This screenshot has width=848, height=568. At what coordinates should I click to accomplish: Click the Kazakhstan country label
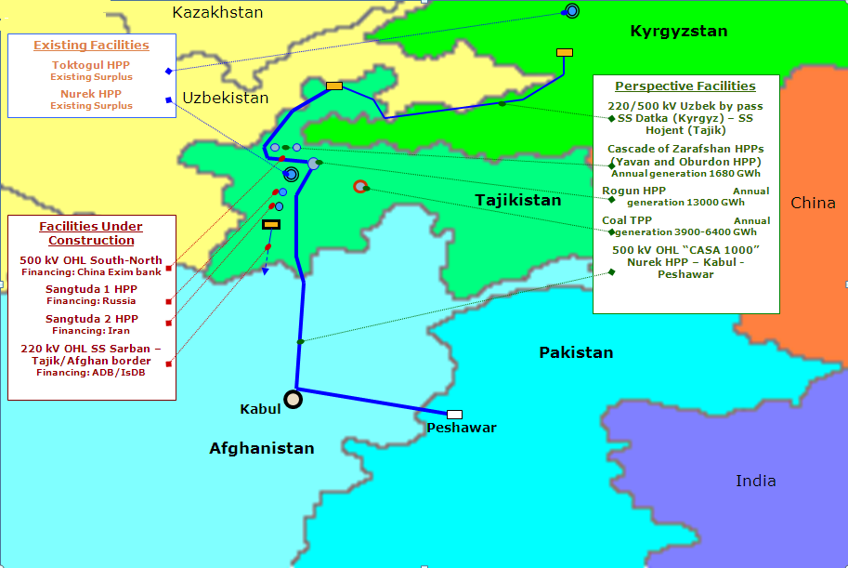tap(218, 12)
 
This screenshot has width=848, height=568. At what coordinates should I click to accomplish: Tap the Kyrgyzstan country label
tap(678, 32)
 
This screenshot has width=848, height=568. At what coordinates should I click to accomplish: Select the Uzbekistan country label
tap(225, 98)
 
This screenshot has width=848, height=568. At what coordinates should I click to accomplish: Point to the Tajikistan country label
tap(518, 200)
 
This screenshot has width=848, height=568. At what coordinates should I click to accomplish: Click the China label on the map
tap(813, 203)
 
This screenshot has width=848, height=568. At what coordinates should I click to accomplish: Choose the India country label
tap(755, 481)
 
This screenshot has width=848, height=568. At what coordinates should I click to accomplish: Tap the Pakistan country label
tap(576, 352)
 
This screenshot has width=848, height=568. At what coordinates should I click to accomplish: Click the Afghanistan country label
tap(261, 448)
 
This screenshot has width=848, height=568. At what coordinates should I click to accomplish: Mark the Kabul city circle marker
tap(293, 400)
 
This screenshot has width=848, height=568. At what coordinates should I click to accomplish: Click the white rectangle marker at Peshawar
tap(454, 414)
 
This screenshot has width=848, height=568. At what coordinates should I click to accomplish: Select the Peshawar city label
tap(462, 429)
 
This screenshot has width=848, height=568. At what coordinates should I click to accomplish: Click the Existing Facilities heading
tap(91, 45)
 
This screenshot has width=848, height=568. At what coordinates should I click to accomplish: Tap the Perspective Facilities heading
tap(685, 86)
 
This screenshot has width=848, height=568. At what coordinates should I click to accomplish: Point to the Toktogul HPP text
tap(91, 66)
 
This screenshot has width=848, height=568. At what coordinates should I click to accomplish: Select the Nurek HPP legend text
tap(91, 94)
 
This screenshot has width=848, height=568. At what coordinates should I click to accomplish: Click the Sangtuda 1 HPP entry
tap(91, 289)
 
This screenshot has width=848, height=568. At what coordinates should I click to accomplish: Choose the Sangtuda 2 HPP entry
tap(91, 319)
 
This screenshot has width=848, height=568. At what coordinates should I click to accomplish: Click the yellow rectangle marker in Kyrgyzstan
tap(564, 53)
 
